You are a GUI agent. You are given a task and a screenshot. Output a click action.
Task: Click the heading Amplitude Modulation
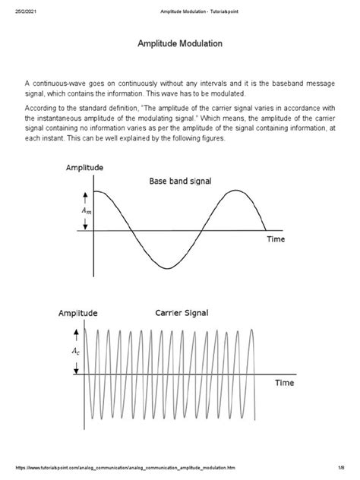(x=179, y=44)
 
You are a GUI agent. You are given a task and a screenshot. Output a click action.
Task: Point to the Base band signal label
(x=180, y=182)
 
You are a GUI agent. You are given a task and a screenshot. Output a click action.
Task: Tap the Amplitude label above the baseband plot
(x=85, y=167)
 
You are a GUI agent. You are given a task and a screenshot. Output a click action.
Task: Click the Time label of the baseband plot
(x=276, y=238)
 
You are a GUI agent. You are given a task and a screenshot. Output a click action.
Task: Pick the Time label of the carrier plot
(x=283, y=384)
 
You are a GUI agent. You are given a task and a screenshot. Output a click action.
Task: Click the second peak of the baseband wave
(x=236, y=191)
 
